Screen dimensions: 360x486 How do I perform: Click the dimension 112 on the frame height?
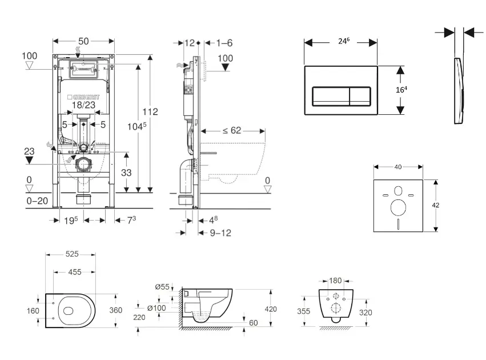click(150, 111)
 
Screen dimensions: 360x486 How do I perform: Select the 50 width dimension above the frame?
click(83, 41)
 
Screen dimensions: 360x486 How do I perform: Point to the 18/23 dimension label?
click(83, 105)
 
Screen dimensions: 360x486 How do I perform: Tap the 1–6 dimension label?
click(225, 42)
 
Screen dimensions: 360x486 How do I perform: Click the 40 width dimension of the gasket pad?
click(398, 167)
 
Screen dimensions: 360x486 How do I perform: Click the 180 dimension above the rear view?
click(336, 281)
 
